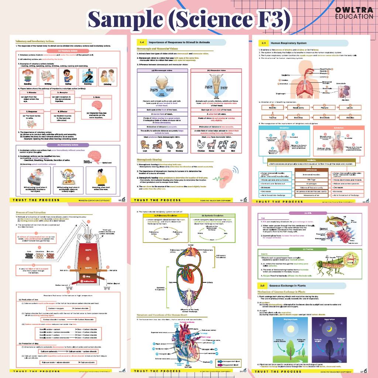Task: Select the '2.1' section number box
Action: (263, 43)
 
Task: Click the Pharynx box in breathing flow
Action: (321, 107)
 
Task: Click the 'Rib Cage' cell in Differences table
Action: (312, 179)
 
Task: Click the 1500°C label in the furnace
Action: (88, 267)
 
